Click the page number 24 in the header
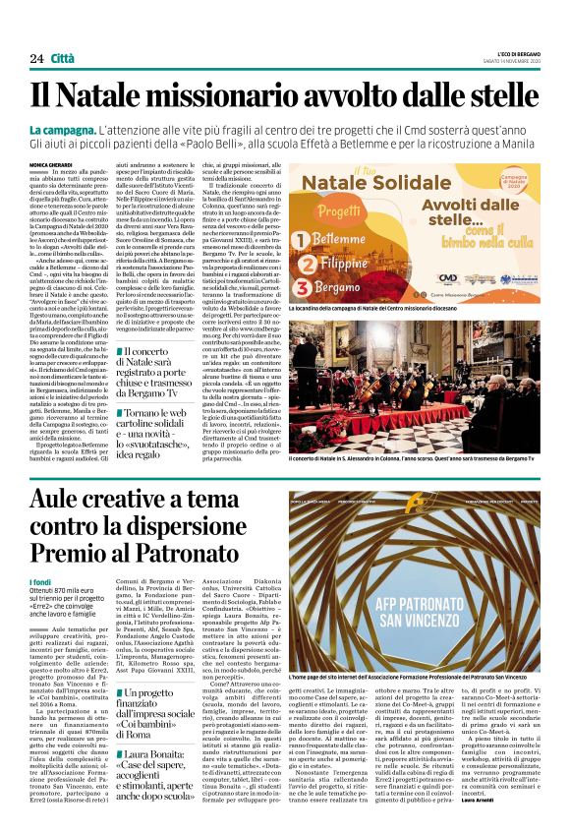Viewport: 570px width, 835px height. coord(36,59)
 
